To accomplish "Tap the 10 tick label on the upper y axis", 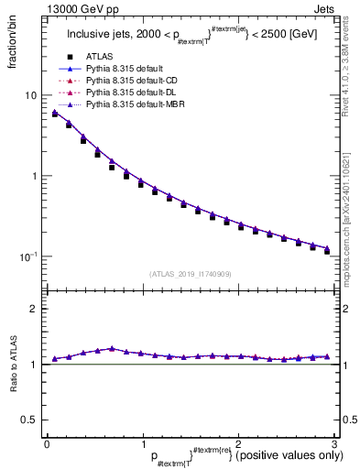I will tap(30, 95).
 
